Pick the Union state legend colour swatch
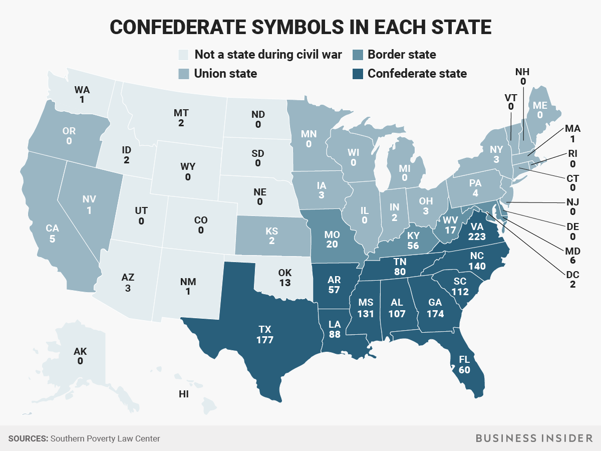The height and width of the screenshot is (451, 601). tap(184, 74)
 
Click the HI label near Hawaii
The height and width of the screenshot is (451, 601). tap(184, 394)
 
